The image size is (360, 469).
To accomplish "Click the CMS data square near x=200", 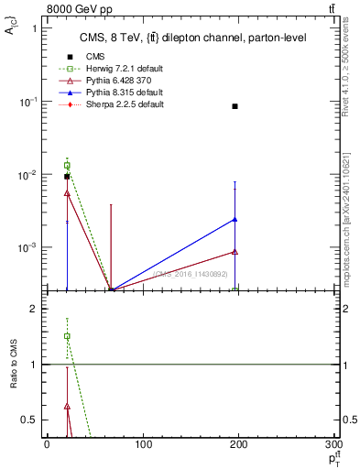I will click(x=235, y=106).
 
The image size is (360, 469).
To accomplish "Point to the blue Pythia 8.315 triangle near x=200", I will click(x=235, y=219).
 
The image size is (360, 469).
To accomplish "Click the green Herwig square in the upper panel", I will click(x=67, y=166).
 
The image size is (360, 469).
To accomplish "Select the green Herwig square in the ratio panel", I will click(x=67, y=336).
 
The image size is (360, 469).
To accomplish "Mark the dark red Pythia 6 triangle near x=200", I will click(x=235, y=251).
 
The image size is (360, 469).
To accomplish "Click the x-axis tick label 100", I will click(x=143, y=445).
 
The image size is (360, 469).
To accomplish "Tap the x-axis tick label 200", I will click(x=239, y=445).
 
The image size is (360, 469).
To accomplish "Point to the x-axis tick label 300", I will click(x=334, y=445).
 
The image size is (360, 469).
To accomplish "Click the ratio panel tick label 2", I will click(x=34, y=310).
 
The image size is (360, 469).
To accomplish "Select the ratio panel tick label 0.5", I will click(x=30, y=420).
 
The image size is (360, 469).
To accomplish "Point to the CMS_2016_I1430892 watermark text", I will click(x=191, y=274).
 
